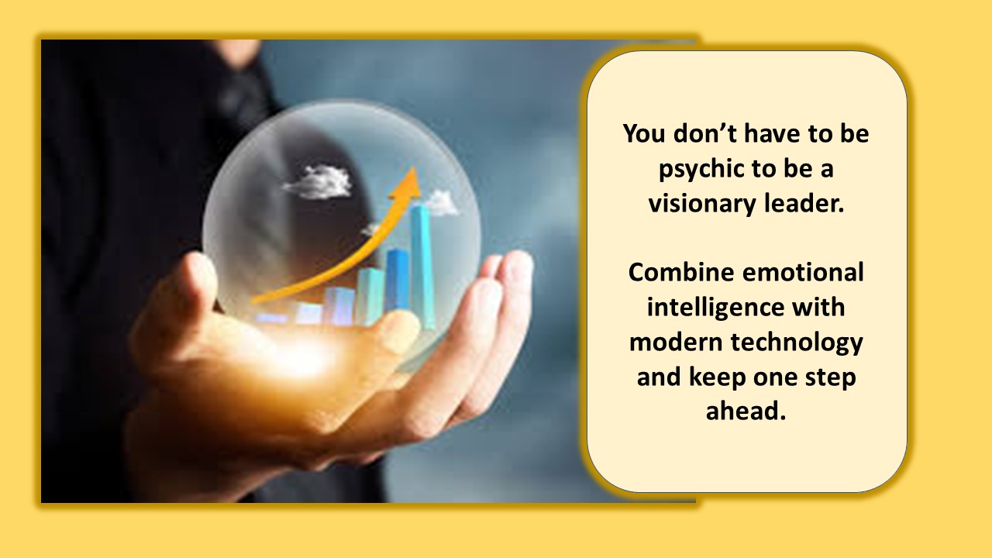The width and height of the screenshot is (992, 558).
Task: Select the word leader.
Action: (x=804, y=203)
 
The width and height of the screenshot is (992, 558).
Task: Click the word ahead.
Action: (x=746, y=411)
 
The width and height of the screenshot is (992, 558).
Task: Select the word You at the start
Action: (x=644, y=133)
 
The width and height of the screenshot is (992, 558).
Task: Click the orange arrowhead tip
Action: (x=414, y=167)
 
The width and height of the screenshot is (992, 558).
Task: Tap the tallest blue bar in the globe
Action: (x=422, y=266)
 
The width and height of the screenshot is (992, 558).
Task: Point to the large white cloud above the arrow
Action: (x=317, y=181)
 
